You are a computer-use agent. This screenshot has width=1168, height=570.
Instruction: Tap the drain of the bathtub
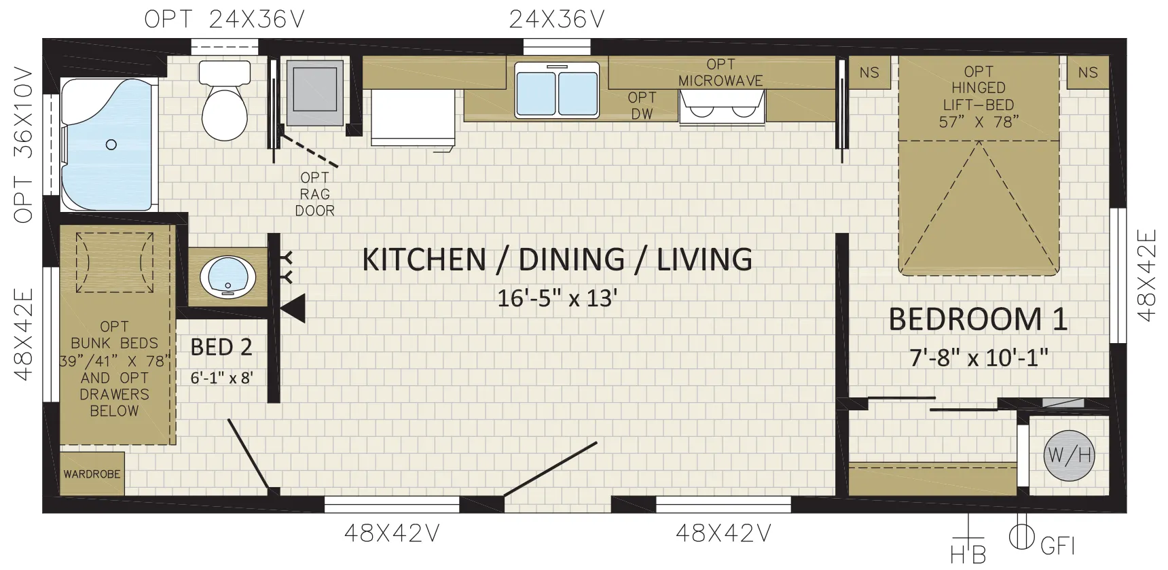pyautogui.click(x=111, y=144)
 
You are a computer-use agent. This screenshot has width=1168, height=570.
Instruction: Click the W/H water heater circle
pyautogui.click(x=1069, y=455)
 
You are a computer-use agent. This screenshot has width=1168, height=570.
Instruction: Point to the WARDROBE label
pyautogui.click(x=92, y=474)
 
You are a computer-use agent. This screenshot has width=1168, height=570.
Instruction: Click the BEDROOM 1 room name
pyautogui.click(x=978, y=319)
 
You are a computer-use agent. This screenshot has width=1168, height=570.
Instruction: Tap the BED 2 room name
pyautogui.click(x=221, y=347)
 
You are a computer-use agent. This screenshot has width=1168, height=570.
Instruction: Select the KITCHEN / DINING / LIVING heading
pyautogui.click(x=557, y=259)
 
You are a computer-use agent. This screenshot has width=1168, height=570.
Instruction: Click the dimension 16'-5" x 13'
pyautogui.click(x=557, y=298)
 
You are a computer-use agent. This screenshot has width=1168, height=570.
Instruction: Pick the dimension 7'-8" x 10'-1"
pyautogui.click(x=979, y=357)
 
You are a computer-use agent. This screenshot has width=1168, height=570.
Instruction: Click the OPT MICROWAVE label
pyautogui.click(x=720, y=72)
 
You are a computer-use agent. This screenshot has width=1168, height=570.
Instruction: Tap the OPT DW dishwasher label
pyautogui.click(x=642, y=106)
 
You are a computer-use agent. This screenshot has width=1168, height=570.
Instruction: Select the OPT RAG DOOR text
pyautogui.click(x=315, y=194)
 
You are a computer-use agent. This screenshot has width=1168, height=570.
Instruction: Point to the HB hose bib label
pyautogui.click(x=968, y=554)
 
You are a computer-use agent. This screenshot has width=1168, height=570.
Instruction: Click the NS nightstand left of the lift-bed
pyautogui.click(x=869, y=73)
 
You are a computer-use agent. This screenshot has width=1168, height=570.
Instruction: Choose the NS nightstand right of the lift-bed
pyautogui.click(x=1088, y=73)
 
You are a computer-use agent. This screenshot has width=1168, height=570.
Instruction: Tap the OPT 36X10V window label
pyautogui.click(x=23, y=145)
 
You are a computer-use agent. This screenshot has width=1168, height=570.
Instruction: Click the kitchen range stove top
pyautogui.click(x=722, y=107)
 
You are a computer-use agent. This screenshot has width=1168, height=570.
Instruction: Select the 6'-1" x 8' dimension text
pyautogui.click(x=221, y=377)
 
